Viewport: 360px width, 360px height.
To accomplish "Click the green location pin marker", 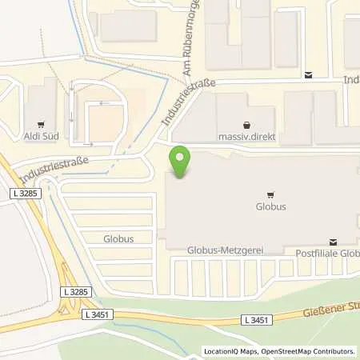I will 180,162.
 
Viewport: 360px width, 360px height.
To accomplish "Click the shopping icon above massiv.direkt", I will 246,124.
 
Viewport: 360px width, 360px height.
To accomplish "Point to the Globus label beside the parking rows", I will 118,238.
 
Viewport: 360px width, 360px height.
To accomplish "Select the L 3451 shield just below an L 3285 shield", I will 97,314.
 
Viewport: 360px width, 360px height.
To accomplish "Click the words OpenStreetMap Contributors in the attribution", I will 311,350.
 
